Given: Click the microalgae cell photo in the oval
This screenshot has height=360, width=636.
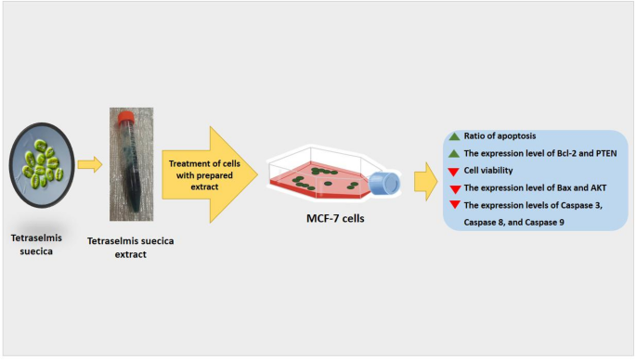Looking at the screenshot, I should (x=41, y=164).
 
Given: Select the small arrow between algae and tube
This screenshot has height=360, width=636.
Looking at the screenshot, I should (x=89, y=165).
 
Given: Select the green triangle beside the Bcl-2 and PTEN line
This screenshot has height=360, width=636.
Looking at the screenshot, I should (x=454, y=154).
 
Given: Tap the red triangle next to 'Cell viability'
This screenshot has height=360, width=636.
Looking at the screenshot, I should (x=454, y=172).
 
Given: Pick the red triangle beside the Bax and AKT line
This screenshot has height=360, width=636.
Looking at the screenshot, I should (x=454, y=188).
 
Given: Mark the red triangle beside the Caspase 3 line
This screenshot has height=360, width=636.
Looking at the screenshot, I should (x=454, y=205).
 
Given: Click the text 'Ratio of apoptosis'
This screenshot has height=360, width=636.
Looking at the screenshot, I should (x=501, y=136).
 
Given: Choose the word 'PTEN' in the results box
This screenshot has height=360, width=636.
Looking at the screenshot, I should (x=589, y=154).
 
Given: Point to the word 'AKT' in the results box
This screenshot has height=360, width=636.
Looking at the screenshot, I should (x=576, y=188).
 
